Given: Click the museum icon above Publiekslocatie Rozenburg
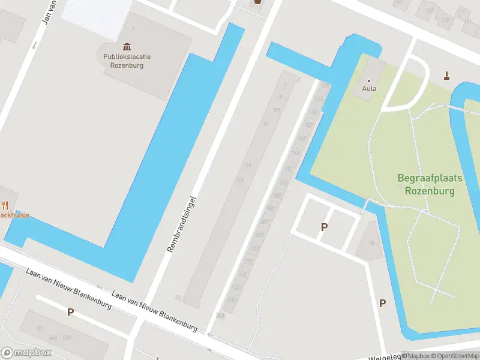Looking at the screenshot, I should [127, 47].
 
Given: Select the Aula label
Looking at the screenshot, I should [369, 89].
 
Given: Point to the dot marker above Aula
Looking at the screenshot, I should [369, 80].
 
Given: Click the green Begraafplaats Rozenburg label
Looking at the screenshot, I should [429, 184].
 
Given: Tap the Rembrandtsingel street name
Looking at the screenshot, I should [182, 223].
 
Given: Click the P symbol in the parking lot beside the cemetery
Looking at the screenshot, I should [325, 227].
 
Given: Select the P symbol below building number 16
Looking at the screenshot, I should [382, 303].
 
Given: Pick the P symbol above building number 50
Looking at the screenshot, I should [70, 312].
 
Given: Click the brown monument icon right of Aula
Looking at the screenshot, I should [446, 76].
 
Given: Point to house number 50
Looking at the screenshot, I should [40, 328].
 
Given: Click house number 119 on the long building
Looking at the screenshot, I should [247, 166].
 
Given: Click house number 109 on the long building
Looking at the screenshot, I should [241, 180].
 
